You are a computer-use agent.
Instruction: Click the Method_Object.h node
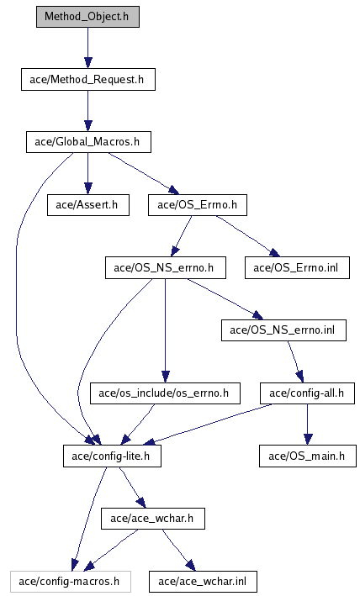click(x=87, y=17)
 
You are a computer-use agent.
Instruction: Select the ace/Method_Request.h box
click(x=88, y=80)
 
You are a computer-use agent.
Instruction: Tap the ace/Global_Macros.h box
click(x=88, y=142)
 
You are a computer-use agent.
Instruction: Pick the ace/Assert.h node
click(x=88, y=205)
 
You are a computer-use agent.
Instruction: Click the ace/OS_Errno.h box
click(x=198, y=205)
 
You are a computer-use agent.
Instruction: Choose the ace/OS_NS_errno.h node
click(x=166, y=267)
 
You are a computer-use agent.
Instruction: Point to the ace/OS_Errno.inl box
click(x=297, y=267)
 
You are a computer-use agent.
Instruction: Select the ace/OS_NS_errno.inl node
click(x=284, y=330)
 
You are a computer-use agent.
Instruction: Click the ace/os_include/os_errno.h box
click(x=166, y=393)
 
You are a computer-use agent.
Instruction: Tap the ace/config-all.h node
click(x=308, y=393)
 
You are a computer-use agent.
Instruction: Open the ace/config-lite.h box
click(x=112, y=456)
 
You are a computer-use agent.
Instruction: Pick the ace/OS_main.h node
click(x=308, y=456)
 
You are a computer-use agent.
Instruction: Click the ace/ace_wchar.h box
click(x=153, y=519)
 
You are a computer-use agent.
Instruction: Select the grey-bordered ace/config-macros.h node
click(x=71, y=581)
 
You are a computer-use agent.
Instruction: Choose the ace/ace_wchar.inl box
click(x=203, y=581)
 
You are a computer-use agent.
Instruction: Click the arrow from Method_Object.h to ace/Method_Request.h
click(x=88, y=48)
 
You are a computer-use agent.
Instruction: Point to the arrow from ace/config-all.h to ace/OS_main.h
click(x=308, y=425)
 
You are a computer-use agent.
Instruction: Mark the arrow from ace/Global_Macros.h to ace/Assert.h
click(x=88, y=174)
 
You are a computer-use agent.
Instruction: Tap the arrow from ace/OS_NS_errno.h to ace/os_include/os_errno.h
click(x=165, y=330)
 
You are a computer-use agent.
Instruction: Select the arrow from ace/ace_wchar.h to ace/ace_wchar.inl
click(x=178, y=550)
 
